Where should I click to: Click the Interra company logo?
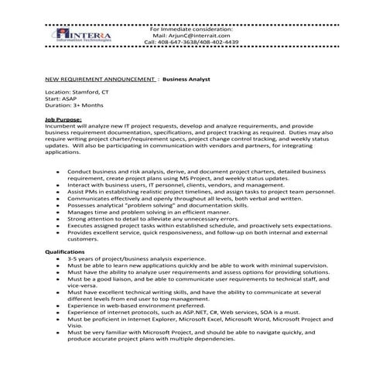click(91, 37)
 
